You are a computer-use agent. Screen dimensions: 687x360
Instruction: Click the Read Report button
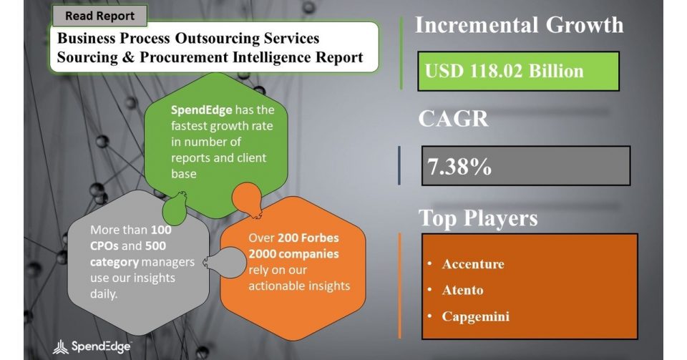pos(99,16)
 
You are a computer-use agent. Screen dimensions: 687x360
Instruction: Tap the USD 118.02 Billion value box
pos(518,72)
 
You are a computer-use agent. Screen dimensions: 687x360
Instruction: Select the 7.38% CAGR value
pos(459,167)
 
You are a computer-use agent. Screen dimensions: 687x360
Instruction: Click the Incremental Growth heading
pos(520,25)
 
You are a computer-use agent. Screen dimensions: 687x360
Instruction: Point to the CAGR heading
pos(453,119)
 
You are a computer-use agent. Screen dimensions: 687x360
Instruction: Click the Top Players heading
pos(478,218)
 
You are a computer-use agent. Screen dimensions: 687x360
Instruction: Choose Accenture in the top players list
pos(473,264)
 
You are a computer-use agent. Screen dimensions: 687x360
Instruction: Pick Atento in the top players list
pos(463,290)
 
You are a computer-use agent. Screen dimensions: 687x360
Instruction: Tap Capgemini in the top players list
pos(476,316)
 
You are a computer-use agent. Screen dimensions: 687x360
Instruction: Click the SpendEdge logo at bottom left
pos(92,347)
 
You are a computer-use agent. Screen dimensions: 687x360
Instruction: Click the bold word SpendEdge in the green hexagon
pos(201,110)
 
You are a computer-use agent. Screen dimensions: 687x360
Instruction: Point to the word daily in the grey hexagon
pos(104,294)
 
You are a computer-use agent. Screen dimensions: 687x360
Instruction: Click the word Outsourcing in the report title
pos(218,38)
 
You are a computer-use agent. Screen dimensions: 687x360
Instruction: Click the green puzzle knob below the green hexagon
pos(175,209)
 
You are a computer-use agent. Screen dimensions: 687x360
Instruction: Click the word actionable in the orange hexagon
pos(271,286)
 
